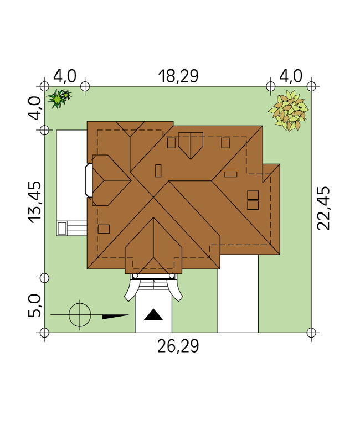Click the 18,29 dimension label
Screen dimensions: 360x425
click(x=178, y=76)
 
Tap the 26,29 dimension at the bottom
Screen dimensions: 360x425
click(x=178, y=346)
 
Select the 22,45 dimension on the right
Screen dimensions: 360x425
click(x=323, y=208)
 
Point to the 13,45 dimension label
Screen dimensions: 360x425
click(x=35, y=202)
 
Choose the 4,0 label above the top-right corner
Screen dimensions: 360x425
click(x=291, y=76)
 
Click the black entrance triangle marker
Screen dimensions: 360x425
click(x=153, y=315)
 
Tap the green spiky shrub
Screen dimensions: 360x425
click(x=59, y=99)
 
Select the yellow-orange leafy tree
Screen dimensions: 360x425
click(x=289, y=111)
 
